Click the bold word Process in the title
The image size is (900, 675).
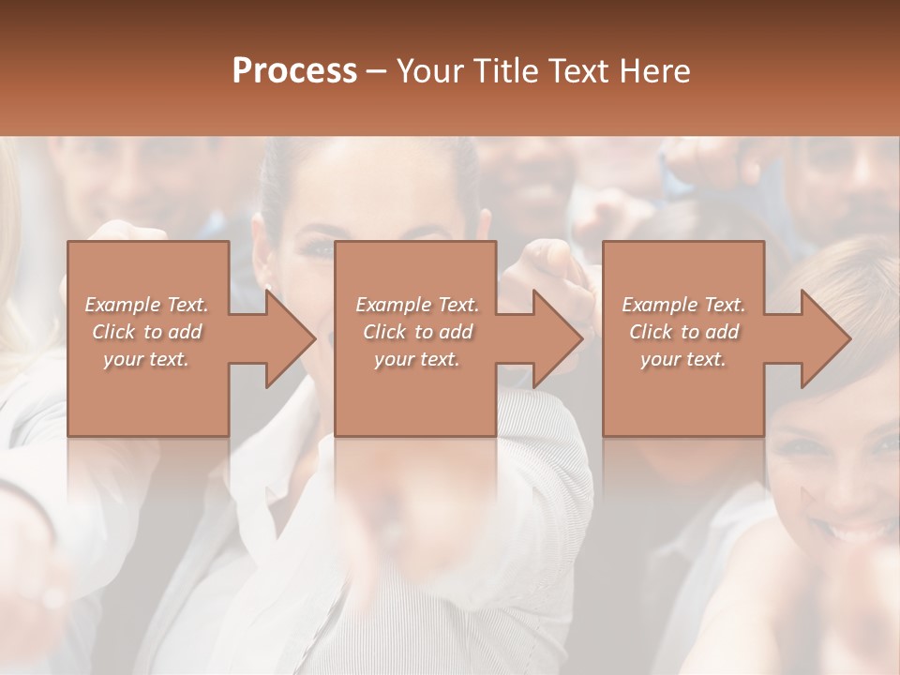294,70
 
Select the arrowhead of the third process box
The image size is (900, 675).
824,338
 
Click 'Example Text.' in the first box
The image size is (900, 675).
146,305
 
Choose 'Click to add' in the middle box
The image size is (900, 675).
417,332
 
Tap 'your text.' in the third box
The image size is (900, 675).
683,359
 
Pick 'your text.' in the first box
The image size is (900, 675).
146,359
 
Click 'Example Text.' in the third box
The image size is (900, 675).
683,305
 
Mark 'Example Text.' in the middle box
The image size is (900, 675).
417,305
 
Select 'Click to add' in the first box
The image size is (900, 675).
146,332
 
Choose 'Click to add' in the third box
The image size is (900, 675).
683,332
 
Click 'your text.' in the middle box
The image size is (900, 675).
417,359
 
